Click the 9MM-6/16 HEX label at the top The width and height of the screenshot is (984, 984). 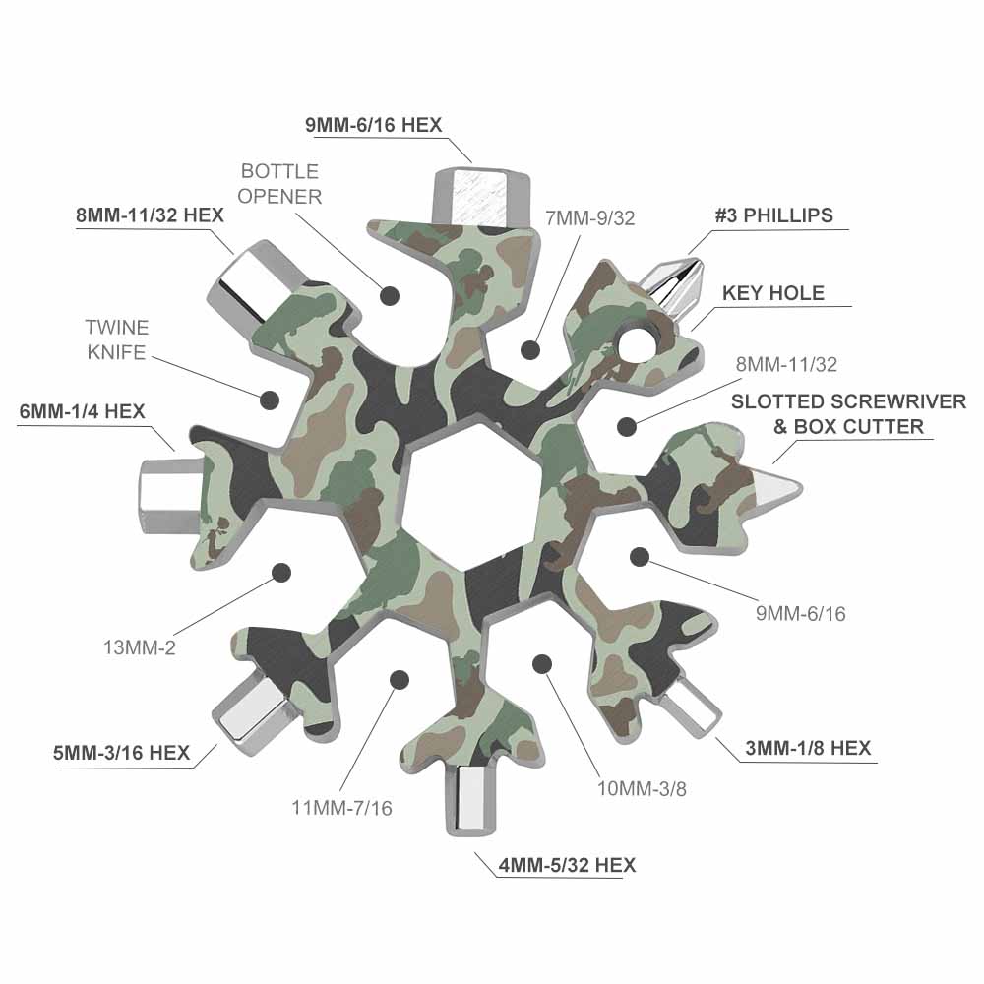[x=373, y=125]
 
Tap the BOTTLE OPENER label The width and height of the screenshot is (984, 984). [x=279, y=184]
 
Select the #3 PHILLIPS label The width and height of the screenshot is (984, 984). [x=773, y=215]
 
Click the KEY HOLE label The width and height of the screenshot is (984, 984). [x=773, y=293]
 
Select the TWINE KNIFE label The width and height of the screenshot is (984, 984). [x=117, y=339]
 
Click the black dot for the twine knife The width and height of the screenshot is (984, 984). [x=270, y=400]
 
